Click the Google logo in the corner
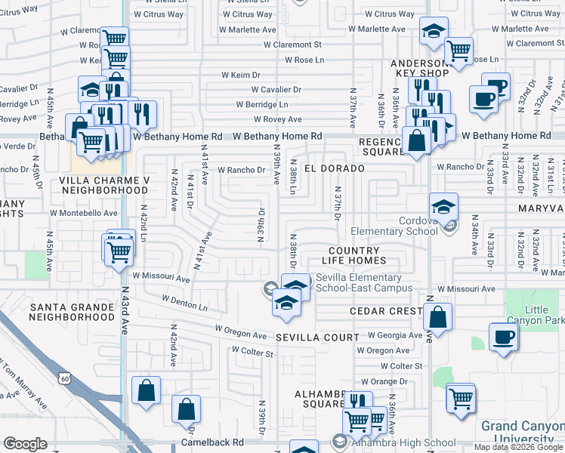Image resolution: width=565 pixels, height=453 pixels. [x=26, y=444]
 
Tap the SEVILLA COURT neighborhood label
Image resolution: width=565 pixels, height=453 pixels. [x=317, y=337]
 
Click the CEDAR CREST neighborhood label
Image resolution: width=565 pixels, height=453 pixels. [x=385, y=311]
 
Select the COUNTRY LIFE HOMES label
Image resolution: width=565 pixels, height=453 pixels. [x=354, y=255]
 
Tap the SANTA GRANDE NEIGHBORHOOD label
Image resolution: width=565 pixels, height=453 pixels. [x=71, y=312]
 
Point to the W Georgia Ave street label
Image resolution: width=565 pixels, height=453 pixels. [x=394, y=335]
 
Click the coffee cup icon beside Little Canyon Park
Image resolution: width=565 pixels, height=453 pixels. [x=503, y=337]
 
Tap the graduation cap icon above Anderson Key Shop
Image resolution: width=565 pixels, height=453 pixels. [x=433, y=32]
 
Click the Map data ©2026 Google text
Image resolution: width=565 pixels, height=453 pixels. [x=518, y=447]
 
